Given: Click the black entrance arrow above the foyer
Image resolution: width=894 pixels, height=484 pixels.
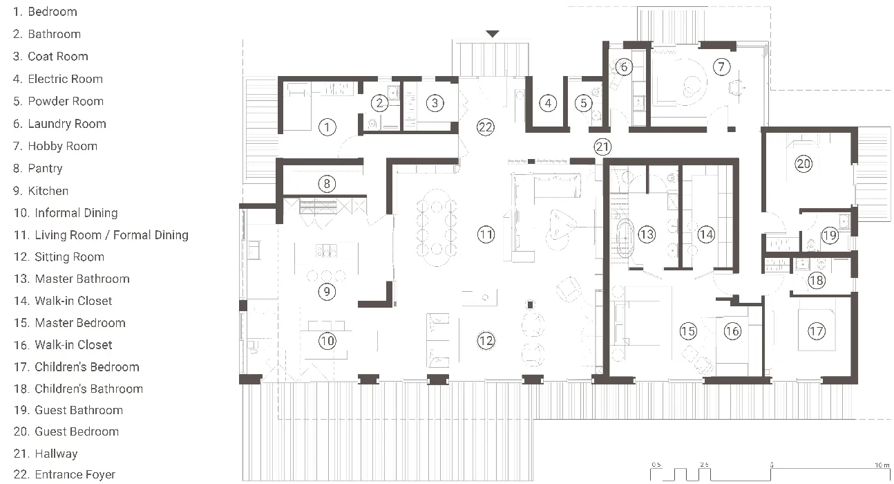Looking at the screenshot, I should [x=492, y=33].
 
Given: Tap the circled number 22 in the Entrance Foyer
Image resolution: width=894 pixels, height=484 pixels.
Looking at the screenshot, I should [x=486, y=127].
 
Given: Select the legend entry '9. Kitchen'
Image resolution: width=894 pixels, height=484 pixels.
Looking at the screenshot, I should [x=41, y=191].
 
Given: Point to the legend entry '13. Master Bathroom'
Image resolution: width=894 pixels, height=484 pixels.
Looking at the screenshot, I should [x=71, y=279].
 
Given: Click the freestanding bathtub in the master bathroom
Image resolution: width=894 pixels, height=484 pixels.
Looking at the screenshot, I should [x=625, y=238].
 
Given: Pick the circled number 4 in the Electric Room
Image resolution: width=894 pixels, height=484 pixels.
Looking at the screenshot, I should [x=548, y=104].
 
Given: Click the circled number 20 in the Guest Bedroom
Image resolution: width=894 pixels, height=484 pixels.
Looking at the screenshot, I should [x=803, y=164].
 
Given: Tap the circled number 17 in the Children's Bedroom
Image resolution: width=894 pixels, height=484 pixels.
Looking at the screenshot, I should [x=816, y=332].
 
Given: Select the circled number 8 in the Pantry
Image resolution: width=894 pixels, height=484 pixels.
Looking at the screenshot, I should [x=327, y=184].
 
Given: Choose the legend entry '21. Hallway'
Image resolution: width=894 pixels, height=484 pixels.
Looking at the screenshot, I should [x=46, y=454].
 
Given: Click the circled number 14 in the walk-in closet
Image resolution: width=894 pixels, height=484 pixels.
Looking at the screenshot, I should [x=705, y=234].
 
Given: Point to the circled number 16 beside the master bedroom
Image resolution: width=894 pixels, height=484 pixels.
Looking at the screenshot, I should [x=732, y=332].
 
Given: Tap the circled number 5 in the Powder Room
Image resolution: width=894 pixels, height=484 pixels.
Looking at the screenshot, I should [x=584, y=104].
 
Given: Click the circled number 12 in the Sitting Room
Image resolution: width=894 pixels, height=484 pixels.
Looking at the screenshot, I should [x=486, y=340].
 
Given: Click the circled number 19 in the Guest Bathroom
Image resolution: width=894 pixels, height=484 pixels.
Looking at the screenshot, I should [x=830, y=236].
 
